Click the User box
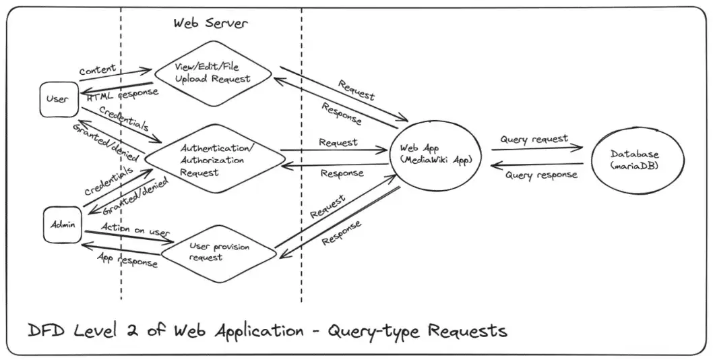tap(57, 99)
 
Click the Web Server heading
tap(210, 23)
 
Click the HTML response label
tap(122, 95)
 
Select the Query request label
tap(534, 139)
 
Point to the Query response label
tap(541, 175)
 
